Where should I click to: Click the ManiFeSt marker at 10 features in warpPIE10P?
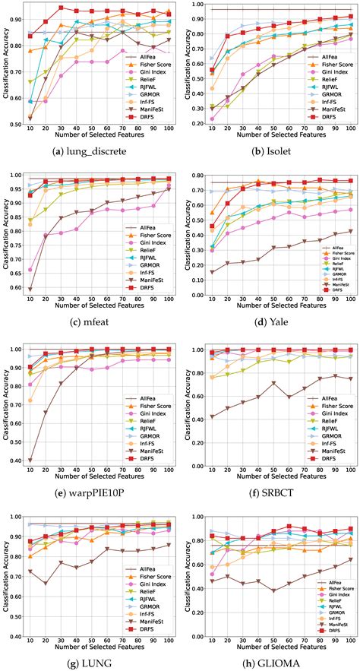pos(30,461)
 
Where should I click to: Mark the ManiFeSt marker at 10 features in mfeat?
pos(30,290)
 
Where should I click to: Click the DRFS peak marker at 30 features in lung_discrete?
pos(61,8)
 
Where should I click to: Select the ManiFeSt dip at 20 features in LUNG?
pos(46,584)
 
